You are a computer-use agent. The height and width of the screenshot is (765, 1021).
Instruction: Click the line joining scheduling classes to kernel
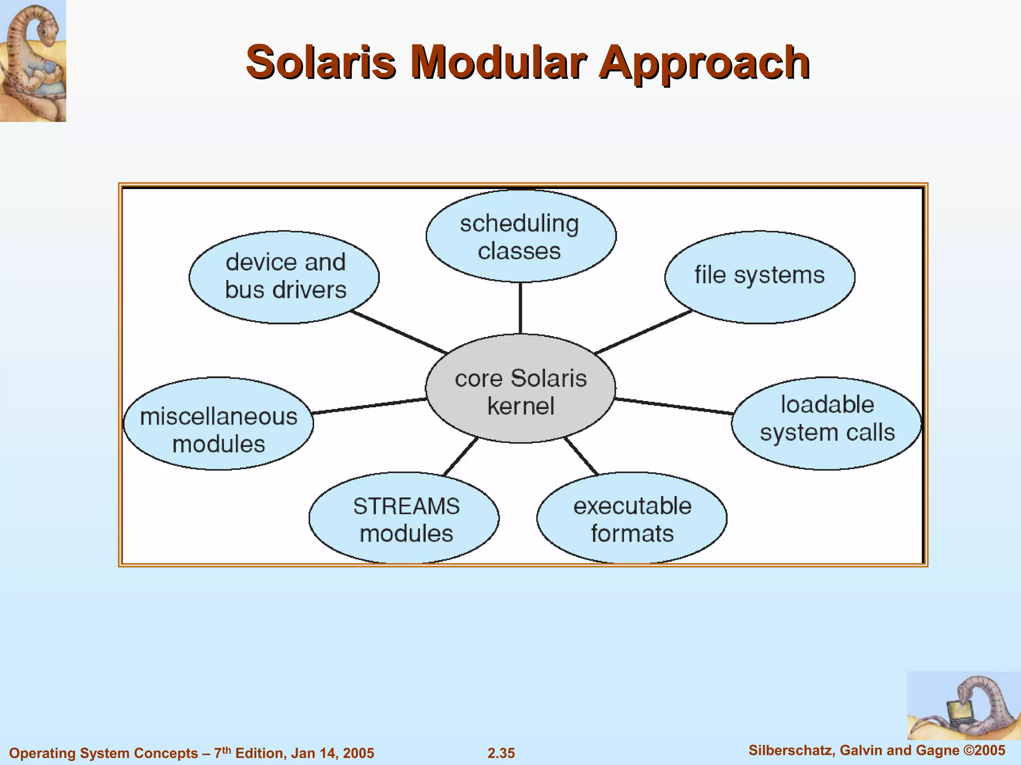coord(520,308)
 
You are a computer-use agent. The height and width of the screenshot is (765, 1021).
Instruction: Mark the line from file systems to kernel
coord(643,332)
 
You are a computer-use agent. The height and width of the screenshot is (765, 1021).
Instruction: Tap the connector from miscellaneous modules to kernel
coord(369,406)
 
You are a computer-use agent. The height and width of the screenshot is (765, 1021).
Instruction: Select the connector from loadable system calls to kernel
coord(673,406)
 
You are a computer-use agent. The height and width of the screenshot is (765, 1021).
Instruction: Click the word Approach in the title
coord(704,64)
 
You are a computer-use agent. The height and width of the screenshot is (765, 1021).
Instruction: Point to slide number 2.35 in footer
coord(501,753)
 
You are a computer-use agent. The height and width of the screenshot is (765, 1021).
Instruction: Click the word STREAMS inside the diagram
coord(406,507)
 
